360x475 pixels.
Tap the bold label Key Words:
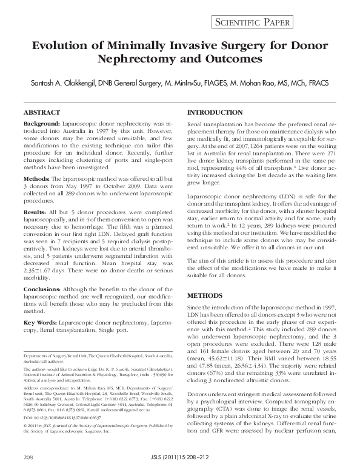tap(41, 322)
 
